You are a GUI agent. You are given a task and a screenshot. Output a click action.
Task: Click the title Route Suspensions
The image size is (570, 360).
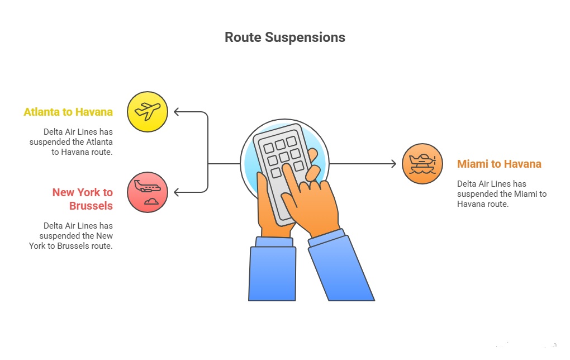tap(284, 37)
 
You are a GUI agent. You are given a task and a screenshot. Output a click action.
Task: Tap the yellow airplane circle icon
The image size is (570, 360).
tap(148, 111)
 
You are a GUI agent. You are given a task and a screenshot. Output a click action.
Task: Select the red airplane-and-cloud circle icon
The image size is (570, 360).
tap(148, 192)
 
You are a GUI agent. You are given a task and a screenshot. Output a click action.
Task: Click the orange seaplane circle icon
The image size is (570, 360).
tap(422, 164)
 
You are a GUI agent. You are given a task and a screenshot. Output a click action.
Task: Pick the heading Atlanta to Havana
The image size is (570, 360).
tap(68, 112)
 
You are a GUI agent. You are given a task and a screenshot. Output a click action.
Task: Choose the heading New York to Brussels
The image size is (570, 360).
tap(83, 199)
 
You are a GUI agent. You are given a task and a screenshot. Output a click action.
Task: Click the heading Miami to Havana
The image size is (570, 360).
tap(499, 164)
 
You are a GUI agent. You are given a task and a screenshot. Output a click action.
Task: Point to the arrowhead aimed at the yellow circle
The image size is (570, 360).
tap(177, 112)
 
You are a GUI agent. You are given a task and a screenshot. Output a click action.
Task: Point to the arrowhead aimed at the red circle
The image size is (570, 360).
tap(177, 193)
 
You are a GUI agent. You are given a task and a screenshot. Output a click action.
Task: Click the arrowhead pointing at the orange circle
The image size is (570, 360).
tap(393, 164)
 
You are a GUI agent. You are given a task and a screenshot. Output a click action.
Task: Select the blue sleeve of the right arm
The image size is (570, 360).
tap(341, 268)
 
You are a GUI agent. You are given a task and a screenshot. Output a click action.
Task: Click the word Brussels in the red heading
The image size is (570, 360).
tap(91, 206)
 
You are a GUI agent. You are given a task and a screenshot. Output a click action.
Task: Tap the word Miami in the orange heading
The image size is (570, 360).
tap(472, 164)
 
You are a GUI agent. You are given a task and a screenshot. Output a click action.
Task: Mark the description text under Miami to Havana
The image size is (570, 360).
tap(501, 193)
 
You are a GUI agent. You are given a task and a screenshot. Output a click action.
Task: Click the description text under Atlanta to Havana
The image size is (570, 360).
tap(71, 141)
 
